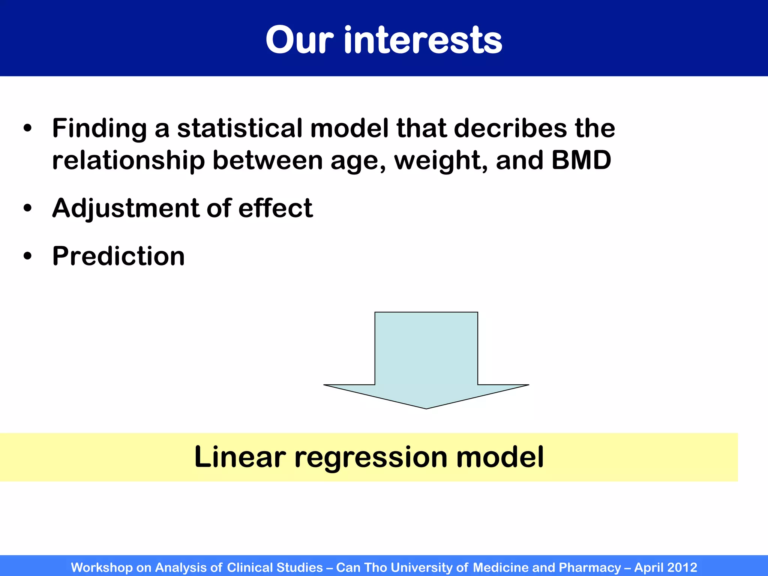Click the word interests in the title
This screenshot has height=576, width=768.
[x=423, y=40]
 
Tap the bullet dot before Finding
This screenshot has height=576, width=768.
[x=27, y=128]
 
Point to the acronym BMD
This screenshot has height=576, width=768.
[x=581, y=160]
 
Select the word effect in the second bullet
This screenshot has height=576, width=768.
[x=275, y=208]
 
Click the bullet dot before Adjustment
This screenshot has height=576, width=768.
[x=27, y=208]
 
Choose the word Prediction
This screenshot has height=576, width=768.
[x=118, y=256]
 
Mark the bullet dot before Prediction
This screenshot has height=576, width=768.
[x=27, y=256]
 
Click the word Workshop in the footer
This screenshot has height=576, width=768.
[x=102, y=567]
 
